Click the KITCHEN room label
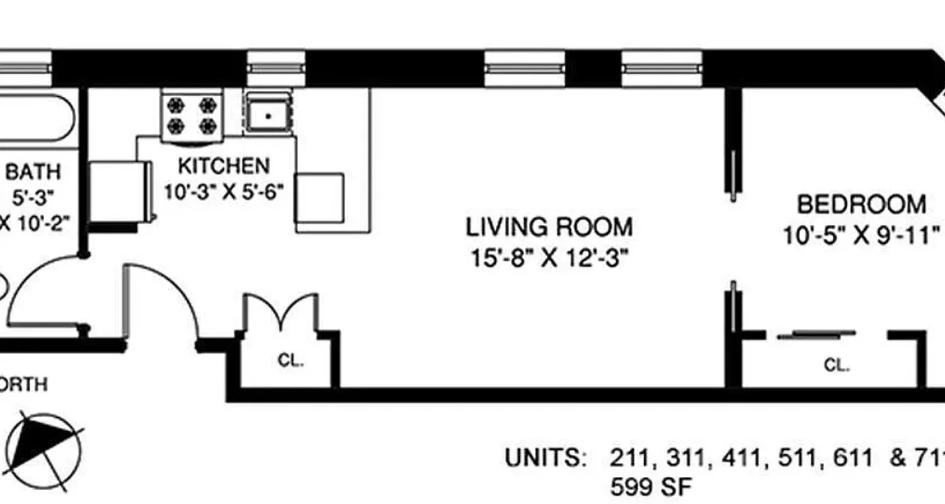click(x=224, y=166)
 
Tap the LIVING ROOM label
click(x=549, y=227)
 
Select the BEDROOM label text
click(x=861, y=205)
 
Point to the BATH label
click(x=33, y=171)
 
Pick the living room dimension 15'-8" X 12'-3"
click(x=549, y=258)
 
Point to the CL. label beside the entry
click(x=290, y=362)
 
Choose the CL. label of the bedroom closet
click(x=837, y=365)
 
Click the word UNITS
click(x=544, y=458)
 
